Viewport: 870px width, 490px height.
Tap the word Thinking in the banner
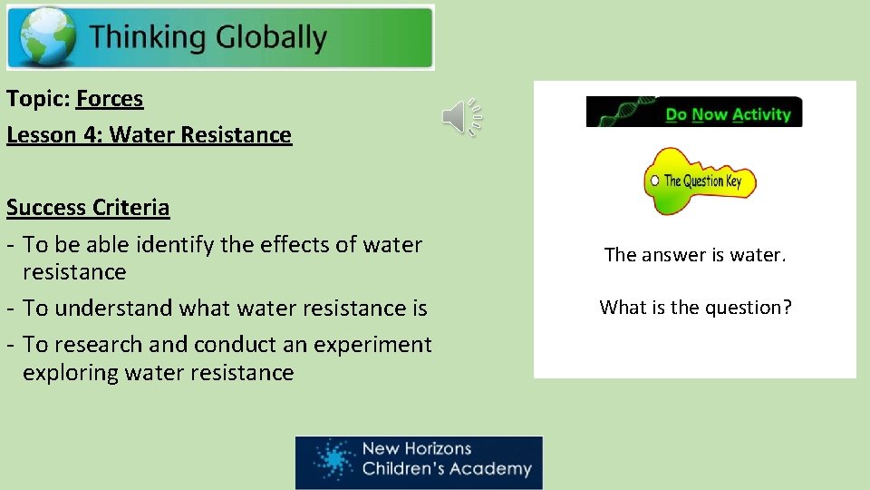pos(148,37)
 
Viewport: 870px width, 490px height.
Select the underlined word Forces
pos(110,98)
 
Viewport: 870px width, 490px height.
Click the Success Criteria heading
pos(88,208)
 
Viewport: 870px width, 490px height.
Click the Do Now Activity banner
pos(694,113)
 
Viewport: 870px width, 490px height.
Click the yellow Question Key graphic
pos(699,181)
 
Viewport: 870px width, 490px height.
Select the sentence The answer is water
pos(695,256)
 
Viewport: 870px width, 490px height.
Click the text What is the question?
pos(695,308)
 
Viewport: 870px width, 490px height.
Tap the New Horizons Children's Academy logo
pos(419,462)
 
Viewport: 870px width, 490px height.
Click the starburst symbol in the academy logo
pos(333,460)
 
